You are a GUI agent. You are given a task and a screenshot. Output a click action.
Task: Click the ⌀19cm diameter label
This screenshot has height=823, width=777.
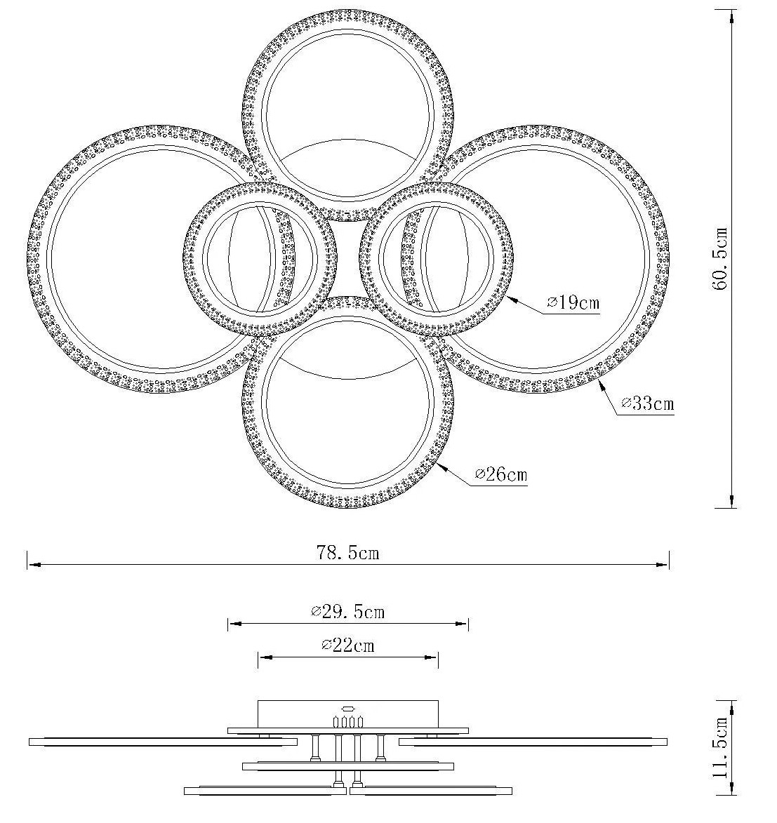[573, 303]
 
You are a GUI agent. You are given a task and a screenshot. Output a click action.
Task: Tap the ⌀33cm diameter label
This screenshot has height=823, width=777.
[647, 403]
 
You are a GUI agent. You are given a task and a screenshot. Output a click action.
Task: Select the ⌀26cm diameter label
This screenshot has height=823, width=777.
[500, 474]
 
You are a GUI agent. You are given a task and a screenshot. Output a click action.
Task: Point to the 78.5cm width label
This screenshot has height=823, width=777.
[347, 553]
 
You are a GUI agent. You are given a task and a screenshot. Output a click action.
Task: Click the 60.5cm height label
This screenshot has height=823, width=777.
[720, 258]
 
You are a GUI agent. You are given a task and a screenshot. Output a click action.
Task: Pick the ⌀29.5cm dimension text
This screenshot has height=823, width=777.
[347, 612]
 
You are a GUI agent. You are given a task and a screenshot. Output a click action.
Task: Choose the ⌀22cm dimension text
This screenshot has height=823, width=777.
[347, 645]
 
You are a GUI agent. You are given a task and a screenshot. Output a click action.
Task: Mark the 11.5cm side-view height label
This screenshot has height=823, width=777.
[720, 747]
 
